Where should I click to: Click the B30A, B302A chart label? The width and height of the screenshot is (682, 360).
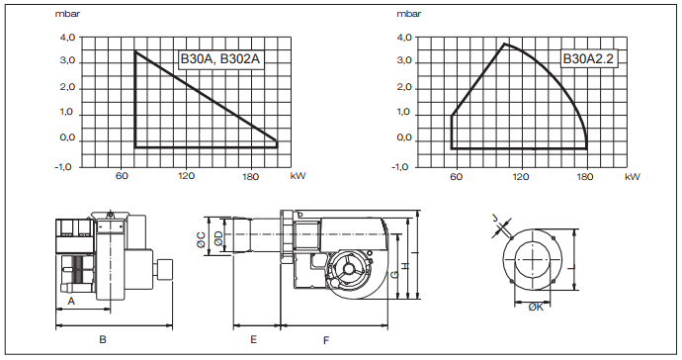[x=219, y=58]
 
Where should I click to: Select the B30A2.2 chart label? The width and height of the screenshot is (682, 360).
[x=588, y=58]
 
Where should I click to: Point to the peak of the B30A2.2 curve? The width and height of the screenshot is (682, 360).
[x=504, y=44]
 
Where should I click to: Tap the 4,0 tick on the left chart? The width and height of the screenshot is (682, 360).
[x=67, y=38]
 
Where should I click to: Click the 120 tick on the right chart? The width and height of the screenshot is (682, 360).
[x=521, y=177]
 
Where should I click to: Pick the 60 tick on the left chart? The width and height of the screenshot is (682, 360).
[x=122, y=176]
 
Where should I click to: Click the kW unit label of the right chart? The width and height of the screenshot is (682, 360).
[x=633, y=177]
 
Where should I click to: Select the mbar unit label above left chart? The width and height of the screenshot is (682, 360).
[x=67, y=14]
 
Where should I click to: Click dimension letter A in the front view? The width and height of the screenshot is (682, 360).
[x=72, y=301]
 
